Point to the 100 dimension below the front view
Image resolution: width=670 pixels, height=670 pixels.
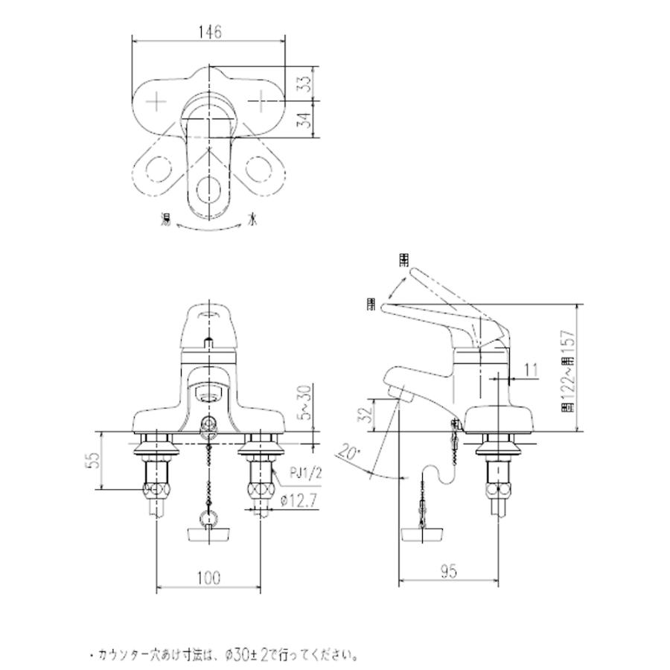tap(209, 577)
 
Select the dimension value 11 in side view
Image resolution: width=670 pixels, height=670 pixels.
tap(530, 369)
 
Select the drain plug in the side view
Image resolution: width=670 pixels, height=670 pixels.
tap(424, 533)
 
